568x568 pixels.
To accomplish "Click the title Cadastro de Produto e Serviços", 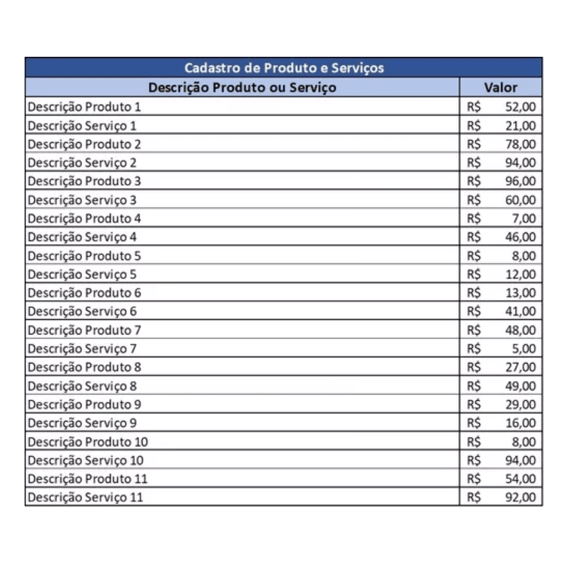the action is pos(283,68).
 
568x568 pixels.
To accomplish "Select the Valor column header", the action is pos(500,87).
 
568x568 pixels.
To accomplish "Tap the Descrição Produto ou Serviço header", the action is pos(242,87).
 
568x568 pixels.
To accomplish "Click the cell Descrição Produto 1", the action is pos(85,107).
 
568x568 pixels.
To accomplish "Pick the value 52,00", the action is pos(521,107).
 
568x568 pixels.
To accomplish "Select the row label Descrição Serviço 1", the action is pos(82,126).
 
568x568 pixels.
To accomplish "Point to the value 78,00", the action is pos(521,144).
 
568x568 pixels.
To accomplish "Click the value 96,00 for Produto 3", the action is pos(521,181).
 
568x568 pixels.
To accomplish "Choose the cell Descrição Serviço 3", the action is pos(82,200).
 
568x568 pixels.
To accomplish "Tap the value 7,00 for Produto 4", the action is pos(524,218).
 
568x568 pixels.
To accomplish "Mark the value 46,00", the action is pos(521,237).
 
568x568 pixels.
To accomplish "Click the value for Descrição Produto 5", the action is pos(524,256).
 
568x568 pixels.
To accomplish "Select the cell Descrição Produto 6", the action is pos(85,293).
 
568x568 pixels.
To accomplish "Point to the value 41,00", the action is pos(521,311).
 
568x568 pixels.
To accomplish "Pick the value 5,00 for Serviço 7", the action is pos(524,348).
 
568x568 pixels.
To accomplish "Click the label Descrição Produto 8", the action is pos(85,367).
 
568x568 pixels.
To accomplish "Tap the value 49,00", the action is pos(521,386).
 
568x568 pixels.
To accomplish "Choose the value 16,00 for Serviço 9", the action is pos(521,423).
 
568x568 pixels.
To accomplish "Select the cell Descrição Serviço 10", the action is pos(86,460).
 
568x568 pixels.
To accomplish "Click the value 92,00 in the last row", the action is pos(521,497).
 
